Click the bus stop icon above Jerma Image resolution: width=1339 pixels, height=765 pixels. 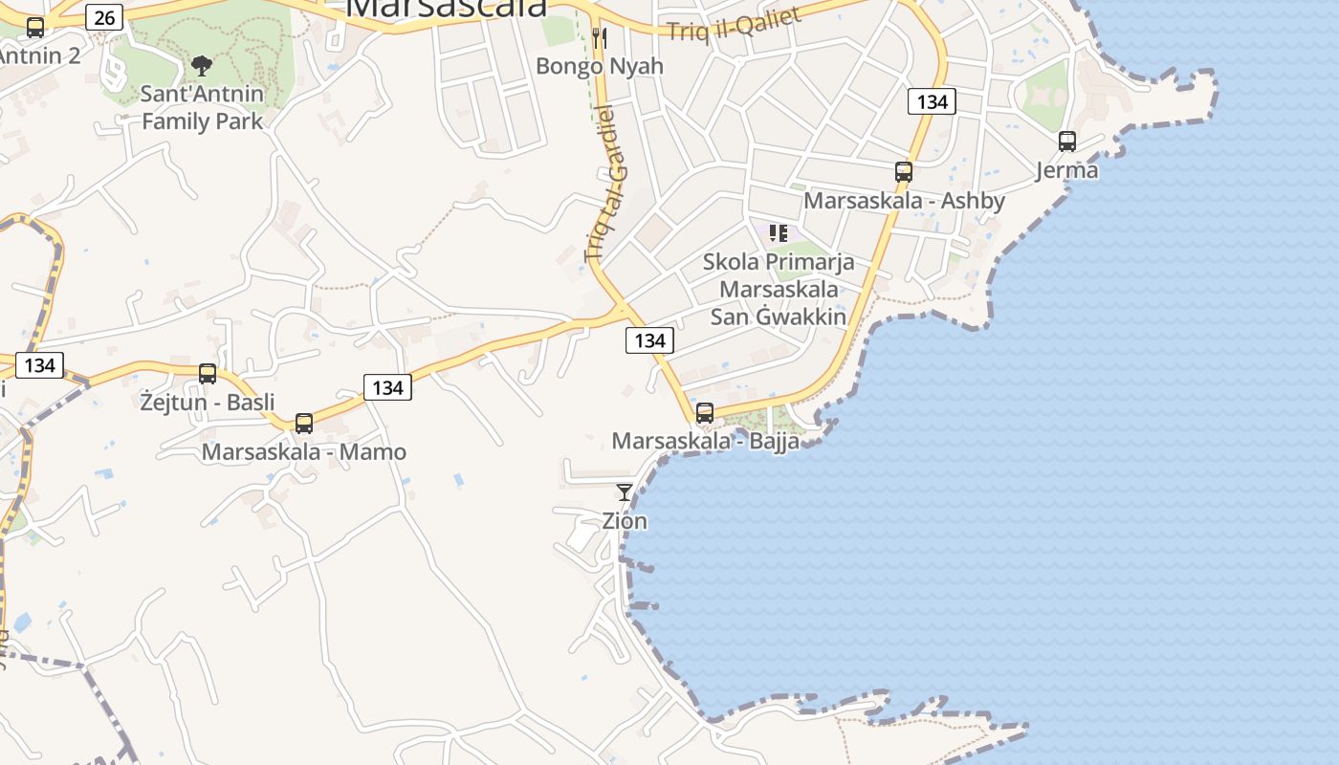tap(1067, 142)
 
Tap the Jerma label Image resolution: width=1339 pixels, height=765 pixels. tap(1067, 170)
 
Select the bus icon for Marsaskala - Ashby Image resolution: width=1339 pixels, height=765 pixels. tap(904, 172)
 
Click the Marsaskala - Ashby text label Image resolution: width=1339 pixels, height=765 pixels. tap(904, 201)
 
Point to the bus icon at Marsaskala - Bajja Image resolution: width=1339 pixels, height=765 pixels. tap(705, 413)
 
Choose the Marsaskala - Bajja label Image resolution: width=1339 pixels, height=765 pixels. tap(705, 442)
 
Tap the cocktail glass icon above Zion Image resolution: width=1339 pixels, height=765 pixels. tap(625, 492)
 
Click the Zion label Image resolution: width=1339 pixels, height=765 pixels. tap(625, 521)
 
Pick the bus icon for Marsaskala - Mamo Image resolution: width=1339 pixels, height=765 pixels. tap(304, 423)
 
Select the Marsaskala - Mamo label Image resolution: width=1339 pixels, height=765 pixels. tap(304, 452)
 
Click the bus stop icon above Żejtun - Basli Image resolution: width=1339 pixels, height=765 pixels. tap(208, 373)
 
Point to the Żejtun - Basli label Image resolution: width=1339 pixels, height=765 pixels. tap(208, 402)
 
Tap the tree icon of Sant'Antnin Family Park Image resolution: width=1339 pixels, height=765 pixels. tap(201, 65)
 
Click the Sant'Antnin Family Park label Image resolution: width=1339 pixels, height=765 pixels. tap(202, 108)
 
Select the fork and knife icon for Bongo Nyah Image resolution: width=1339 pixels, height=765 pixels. tap(600, 38)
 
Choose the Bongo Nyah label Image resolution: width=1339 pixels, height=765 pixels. tap(600, 66)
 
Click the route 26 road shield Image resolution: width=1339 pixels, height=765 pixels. tap(104, 16)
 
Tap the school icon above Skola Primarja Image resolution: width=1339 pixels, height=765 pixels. tap(779, 232)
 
